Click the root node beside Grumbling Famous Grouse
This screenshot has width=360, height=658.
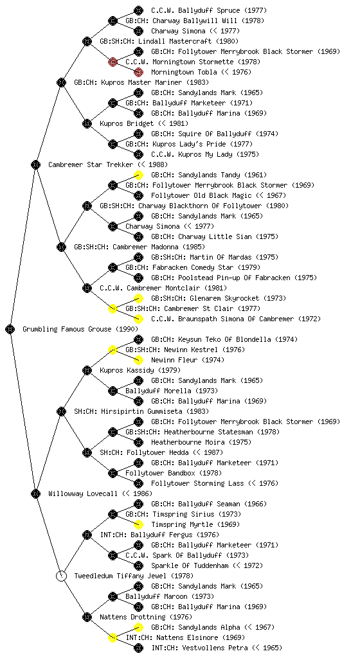pos(10,329)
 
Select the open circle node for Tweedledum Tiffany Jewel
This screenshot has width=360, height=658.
pos(61,576)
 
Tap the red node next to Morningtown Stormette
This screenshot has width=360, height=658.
pos(113,62)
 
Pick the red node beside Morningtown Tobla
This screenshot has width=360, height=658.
pos(138,72)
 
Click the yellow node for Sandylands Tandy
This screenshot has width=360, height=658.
pos(138,175)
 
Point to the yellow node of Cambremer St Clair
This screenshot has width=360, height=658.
pos(113,308)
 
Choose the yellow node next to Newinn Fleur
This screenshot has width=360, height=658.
pos(138,360)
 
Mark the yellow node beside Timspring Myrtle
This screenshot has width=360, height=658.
pos(138,524)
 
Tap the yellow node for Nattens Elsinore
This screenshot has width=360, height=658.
pos(113,637)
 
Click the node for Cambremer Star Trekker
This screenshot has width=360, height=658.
pos(35,164)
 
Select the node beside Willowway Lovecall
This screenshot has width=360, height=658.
pos(35,493)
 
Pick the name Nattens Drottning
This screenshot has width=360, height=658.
pos(133,617)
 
